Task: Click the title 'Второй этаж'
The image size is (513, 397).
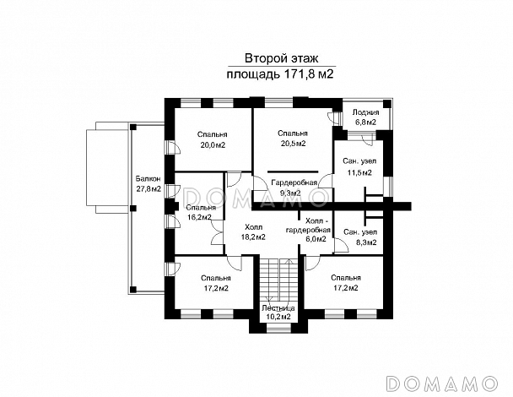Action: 282,58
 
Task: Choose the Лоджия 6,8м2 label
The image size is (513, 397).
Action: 366,117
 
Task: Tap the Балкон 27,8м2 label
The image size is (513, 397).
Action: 148,184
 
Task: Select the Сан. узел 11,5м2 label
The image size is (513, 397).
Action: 359,166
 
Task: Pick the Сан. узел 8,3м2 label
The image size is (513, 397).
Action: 360,237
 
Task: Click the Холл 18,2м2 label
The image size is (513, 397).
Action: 253,232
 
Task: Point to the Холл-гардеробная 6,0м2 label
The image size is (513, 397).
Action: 308,229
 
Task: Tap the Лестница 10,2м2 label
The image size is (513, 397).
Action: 278,313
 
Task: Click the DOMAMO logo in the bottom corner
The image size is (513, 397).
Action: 442,383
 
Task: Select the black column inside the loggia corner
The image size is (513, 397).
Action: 387,104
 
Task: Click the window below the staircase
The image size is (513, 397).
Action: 278,329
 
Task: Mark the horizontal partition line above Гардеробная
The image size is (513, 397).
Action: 293,171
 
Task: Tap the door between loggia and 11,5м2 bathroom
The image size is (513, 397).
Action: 368,139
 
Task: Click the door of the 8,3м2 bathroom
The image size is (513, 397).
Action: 341,246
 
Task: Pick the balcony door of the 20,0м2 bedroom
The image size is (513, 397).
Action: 172,147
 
